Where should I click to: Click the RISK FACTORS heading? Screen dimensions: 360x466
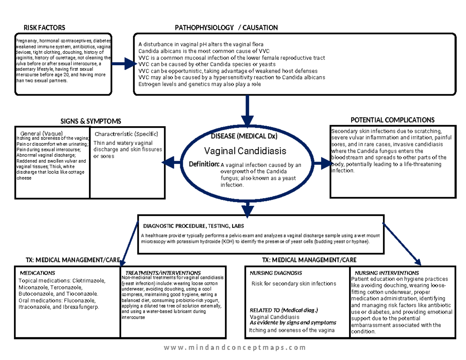pyautogui.click(x=44, y=28)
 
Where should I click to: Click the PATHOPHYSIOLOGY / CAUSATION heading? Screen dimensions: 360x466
pyautogui.click(x=226, y=28)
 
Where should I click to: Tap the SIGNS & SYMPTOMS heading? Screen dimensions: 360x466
pyautogui.click(x=90, y=122)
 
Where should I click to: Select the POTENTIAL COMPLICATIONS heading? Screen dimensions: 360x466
pyautogui.click(x=392, y=120)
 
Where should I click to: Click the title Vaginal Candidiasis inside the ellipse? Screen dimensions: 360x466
pyautogui.click(x=245, y=150)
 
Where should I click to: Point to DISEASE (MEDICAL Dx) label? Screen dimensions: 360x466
pyautogui.click(x=244, y=136)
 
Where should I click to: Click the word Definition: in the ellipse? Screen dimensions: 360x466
pyautogui.click(x=205, y=165)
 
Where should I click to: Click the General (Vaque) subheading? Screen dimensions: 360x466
pyautogui.click(x=42, y=133)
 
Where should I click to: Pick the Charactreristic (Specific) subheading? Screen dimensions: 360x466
pyautogui.click(x=126, y=134)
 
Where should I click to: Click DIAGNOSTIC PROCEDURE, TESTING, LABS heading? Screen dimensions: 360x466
pyautogui.click(x=193, y=226)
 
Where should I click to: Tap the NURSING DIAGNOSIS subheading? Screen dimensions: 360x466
pyautogui.click(x=276, y=273)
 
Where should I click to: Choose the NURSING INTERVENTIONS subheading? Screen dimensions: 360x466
pyautogui.click(x=387, y=273)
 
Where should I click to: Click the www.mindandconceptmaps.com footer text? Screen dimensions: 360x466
pyautogui.click(x=235, y=348)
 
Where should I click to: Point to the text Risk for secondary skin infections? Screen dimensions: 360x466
pyautogui.click(x=294, y=283)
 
